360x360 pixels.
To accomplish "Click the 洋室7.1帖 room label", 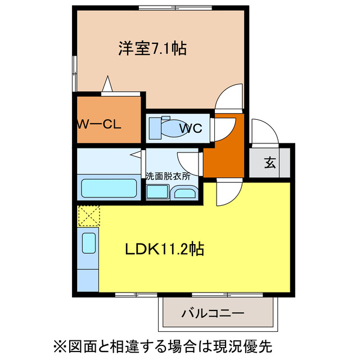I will click(x=152, y=49).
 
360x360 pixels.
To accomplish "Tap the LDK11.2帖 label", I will click(x=164, y=248).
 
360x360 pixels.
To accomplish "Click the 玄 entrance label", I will click(x=270, y=164).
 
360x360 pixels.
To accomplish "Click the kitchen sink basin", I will click(x=89, y=244).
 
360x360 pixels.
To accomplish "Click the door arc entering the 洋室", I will click(x=229, y=96).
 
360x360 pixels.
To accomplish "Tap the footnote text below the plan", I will click(x=179, y=343).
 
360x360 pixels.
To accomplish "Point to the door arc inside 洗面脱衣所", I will click(x=188, y=161).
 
